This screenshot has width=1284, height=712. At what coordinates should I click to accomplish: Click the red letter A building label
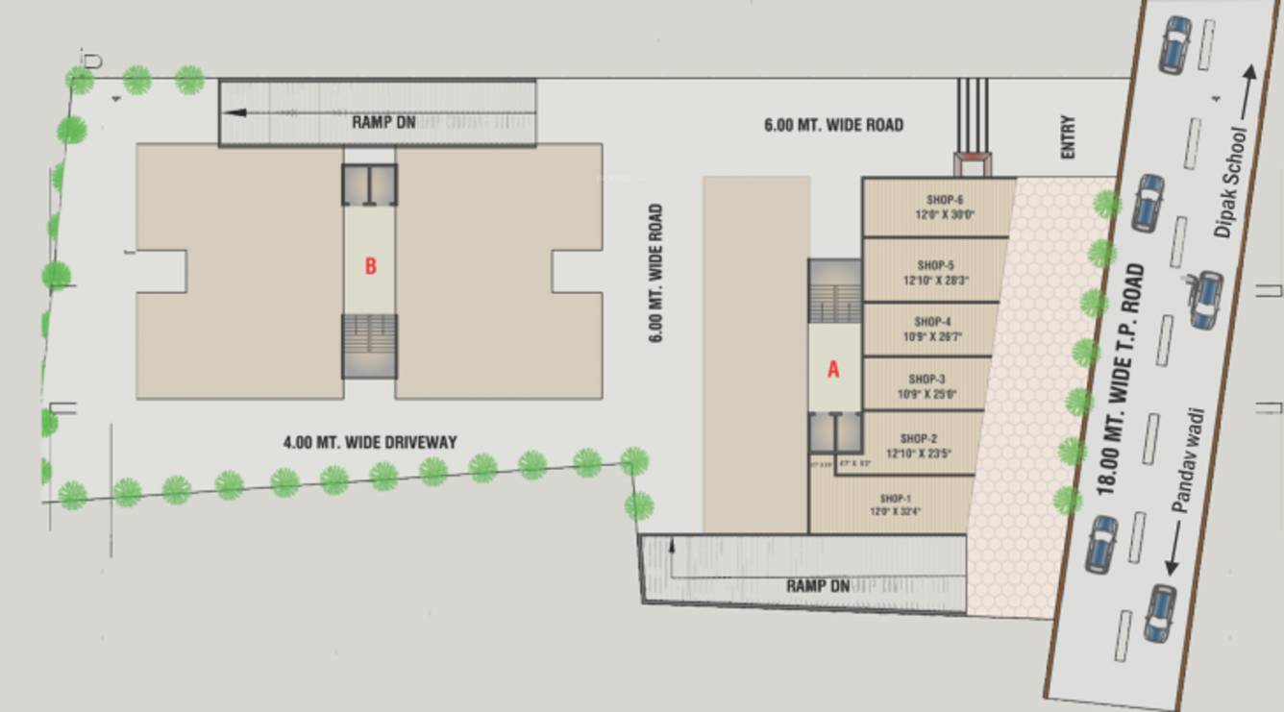click(x=833, y=369)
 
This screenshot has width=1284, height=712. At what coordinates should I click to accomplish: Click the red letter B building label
click(x=370, y=267)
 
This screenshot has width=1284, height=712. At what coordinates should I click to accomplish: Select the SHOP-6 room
click(x=939, y=207)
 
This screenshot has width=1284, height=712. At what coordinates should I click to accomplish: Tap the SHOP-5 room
click(x=935, y=272)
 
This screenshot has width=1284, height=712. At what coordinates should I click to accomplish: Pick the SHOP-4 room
click(x=931, y=329)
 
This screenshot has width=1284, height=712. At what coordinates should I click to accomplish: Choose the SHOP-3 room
click(x=927, y=385)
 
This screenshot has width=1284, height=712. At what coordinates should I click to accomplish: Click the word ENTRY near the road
click(x=1068, y=137)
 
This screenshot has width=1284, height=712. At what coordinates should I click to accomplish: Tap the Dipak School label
click(x=1229, y=184)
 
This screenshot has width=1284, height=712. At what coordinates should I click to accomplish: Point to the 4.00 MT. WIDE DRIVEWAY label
click(x=370, y=442)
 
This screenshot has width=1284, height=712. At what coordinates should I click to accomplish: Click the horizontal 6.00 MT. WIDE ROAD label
click(x=833, y=125)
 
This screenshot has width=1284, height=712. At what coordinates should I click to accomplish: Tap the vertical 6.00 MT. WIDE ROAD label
click(x=655, y=274)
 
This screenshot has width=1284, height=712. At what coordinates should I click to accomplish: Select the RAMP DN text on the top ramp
click(x=383, y=122)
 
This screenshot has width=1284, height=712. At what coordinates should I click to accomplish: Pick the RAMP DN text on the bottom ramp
click(x=818, y=585)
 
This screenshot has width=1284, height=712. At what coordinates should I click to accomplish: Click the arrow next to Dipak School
click(x=1247, y=95)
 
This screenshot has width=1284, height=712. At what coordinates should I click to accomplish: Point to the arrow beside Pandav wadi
click(x=1171, y=550)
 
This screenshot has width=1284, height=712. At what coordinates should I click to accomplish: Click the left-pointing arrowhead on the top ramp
click(x=234, y=112)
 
